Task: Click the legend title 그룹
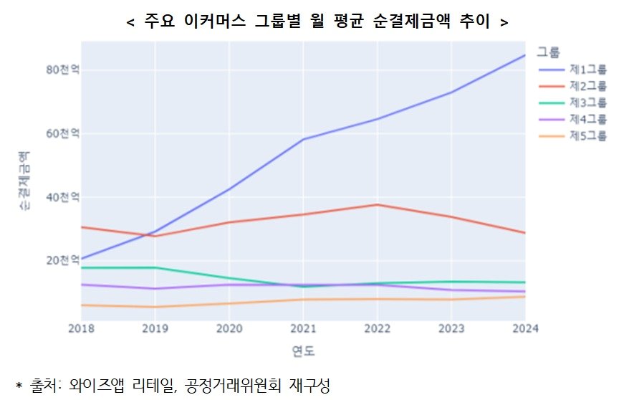tap(548, 52)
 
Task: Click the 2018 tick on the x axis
tap(81, 328)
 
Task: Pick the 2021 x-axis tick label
tap(303, 328)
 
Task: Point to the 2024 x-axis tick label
tap(524, 328)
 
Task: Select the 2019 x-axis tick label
tap(155, 328)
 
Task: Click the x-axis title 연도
tap(303, 351)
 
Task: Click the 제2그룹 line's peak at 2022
tap(377, 205)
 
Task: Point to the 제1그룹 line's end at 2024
tap(524, 55)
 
